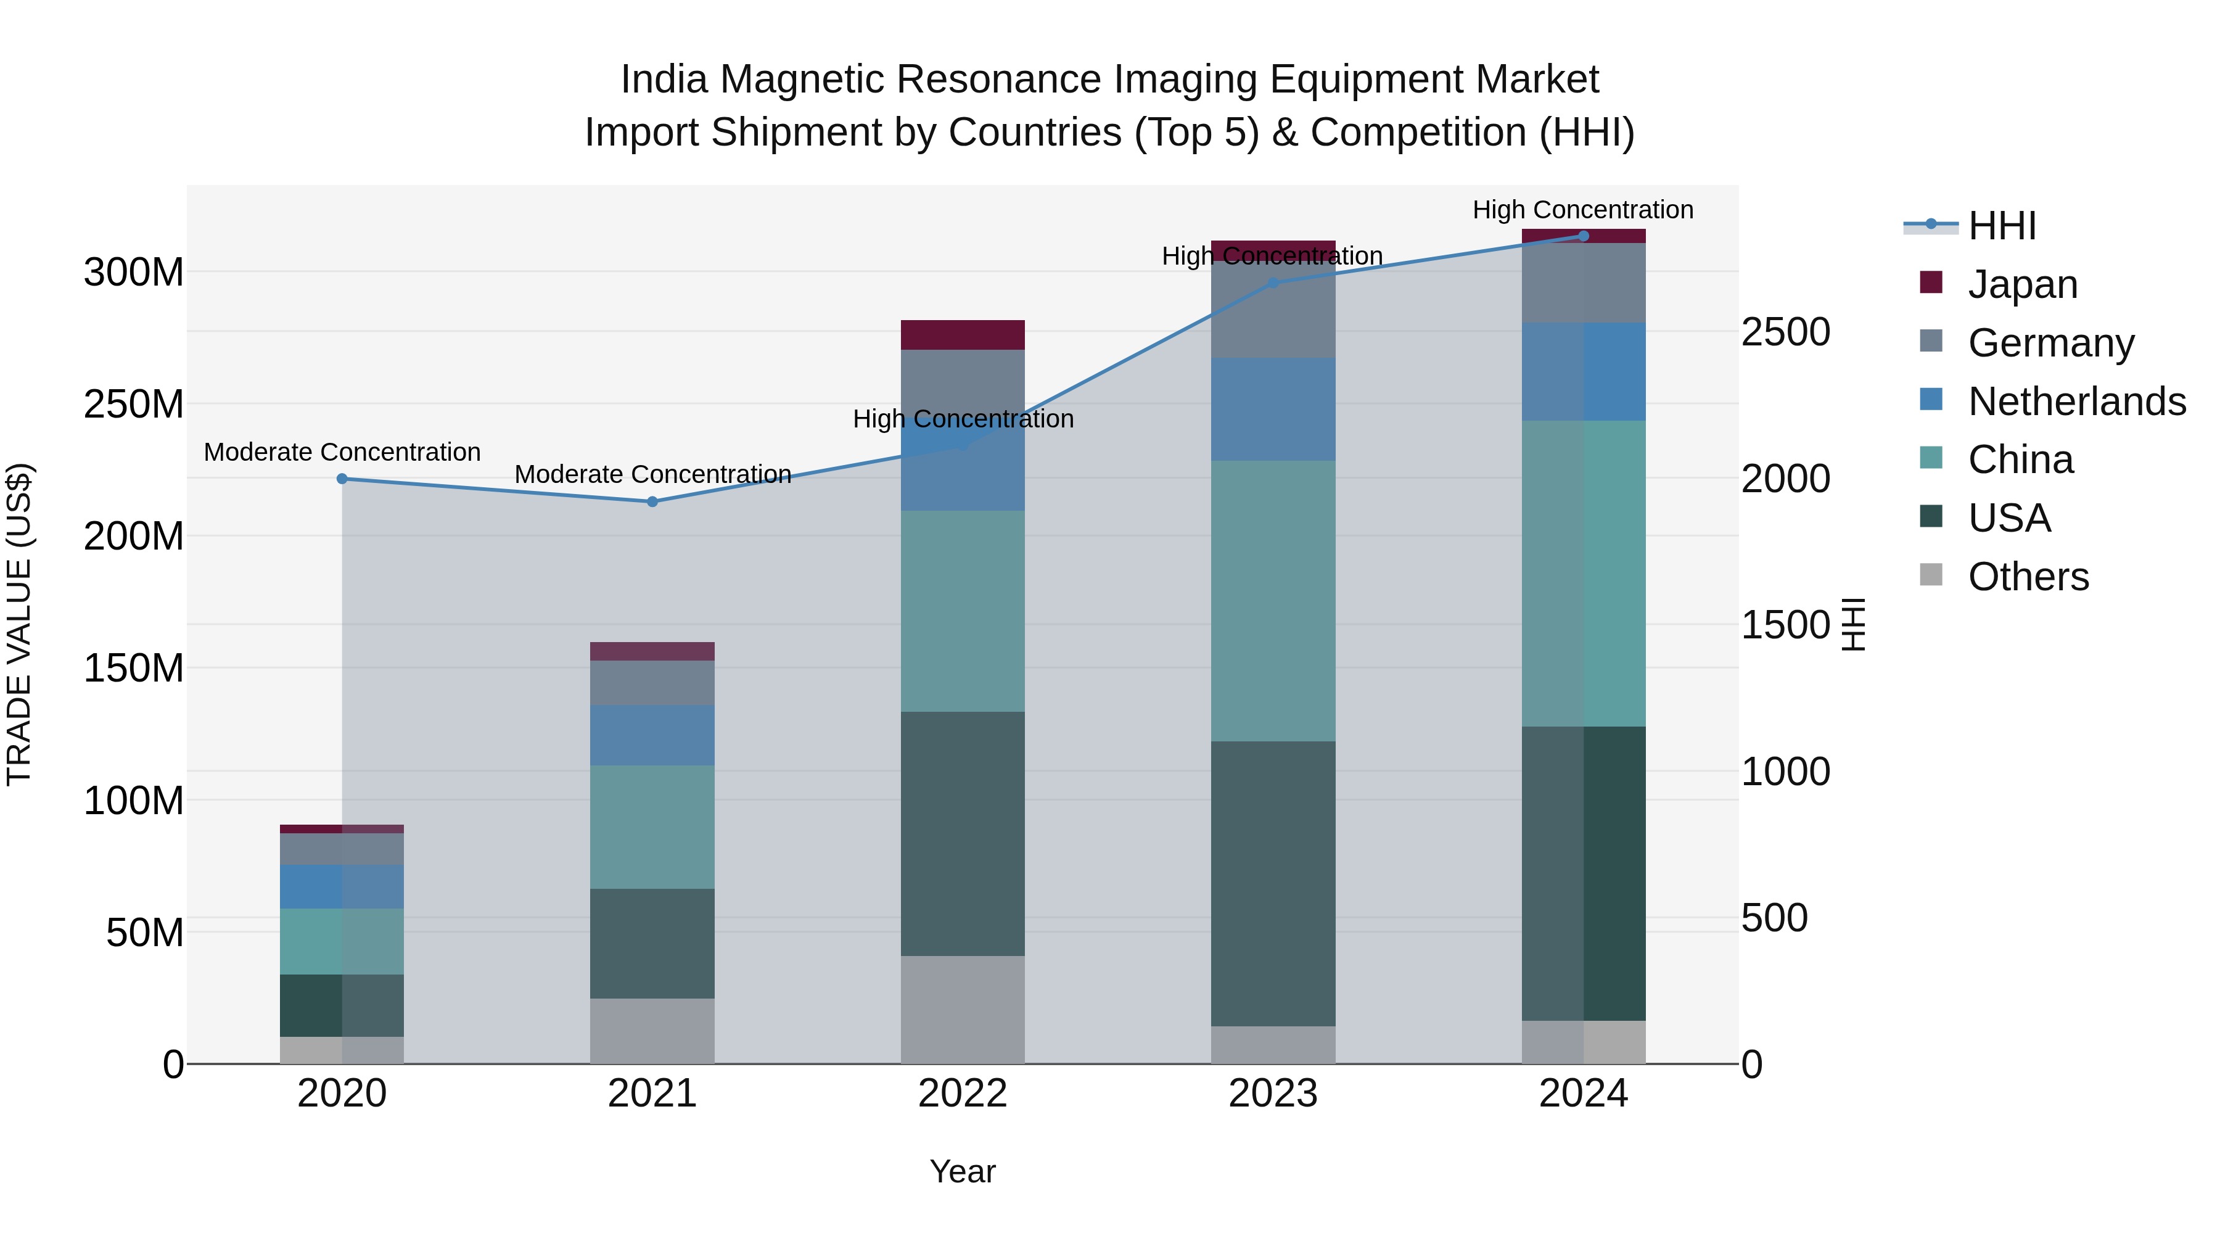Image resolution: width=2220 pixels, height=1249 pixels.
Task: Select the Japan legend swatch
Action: coord(1931,282)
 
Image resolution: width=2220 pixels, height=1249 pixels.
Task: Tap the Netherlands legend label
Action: coord(2076,402)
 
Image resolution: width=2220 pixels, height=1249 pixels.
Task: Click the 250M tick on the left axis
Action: coord(134,404)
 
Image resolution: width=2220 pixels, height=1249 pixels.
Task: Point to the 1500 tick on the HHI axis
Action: coord(1785,625)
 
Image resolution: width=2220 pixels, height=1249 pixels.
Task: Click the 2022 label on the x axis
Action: coord(962,1094)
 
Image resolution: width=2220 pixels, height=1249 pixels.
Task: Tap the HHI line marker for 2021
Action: coord(652,501)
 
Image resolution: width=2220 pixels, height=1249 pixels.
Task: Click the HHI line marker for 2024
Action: coord(1583,236)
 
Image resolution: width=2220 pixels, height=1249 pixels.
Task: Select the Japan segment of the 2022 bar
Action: coord(962,334)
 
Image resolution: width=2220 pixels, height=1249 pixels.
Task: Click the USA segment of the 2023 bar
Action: coord(1273,883)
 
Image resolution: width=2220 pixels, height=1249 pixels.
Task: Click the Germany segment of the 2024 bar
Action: coord(1583,282)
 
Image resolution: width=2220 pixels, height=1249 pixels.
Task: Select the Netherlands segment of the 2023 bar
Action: coord(1273,410)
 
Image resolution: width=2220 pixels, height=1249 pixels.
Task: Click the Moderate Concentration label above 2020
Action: coord(342,453)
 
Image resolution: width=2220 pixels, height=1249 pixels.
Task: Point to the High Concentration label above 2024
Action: coord(1582,210)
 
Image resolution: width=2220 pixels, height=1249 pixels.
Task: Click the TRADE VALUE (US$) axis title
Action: coord(19,624)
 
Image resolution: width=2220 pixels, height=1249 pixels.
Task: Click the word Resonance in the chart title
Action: coord(989,80)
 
